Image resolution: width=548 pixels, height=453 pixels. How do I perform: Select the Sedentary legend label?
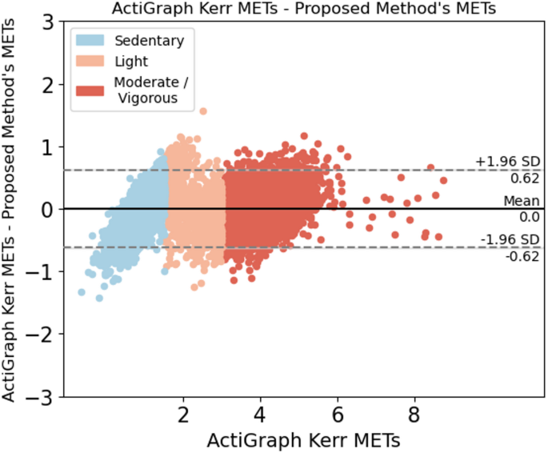point(148,40)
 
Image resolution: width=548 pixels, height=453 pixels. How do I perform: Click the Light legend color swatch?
point(91,61)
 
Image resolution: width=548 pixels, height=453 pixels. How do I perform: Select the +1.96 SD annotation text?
point(508,161)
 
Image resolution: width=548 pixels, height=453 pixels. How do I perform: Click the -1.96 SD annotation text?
point(509,239)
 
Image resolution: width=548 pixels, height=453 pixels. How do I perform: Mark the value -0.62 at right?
point(525,256)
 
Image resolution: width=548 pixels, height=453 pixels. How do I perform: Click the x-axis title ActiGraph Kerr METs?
point(304,440)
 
